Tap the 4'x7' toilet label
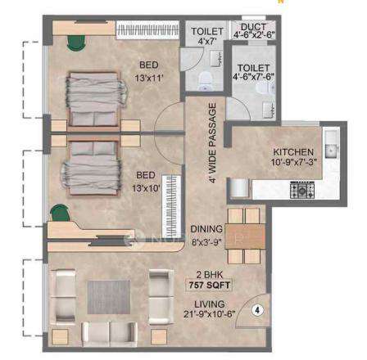pyautogui.click(x=206, y=35)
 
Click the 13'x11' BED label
pyautogui.click(x=149, y=70)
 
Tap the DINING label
pyautogui.click(x=206, y=235)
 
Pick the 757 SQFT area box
pyautogui.click(x=210, y=286)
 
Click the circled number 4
pyautogui.click(x=257, y=311)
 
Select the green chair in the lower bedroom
pyautogui.click(x=60, y=215)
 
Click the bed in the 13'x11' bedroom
pyautogui.click(x=93, y=99)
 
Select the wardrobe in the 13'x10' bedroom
pyautogui.click(x=171, y=204)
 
